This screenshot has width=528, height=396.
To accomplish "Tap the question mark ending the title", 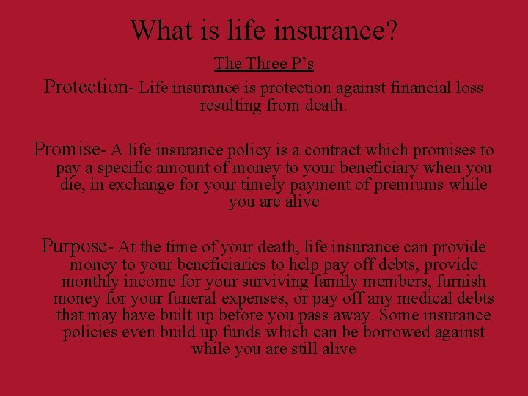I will [x=392, y=30].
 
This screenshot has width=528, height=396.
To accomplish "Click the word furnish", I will [x=458, y=282].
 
